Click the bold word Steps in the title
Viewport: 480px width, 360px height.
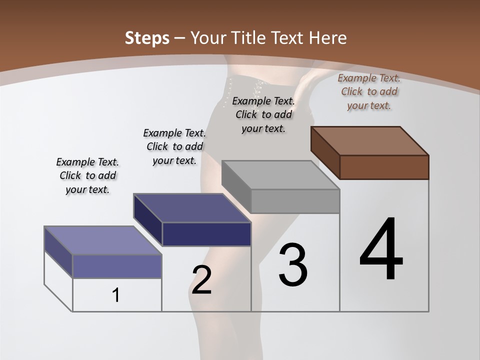(146, 38)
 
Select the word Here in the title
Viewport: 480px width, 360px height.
(327, 38)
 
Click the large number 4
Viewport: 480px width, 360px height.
(381, 250)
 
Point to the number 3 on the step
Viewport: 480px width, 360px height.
(293, 264)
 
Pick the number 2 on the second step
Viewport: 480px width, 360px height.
(201, 280)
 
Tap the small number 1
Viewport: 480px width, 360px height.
(116, 295)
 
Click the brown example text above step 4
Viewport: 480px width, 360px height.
(369, 91)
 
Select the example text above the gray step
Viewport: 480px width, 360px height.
(263, 114)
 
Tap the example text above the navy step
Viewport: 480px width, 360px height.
(174, 146)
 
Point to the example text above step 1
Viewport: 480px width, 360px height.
(87, 175)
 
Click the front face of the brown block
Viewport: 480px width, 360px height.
(384, 167)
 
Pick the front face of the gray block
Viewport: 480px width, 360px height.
(295, 201)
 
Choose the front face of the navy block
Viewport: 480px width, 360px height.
(206, 234)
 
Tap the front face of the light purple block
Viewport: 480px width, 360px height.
(117, 266)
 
